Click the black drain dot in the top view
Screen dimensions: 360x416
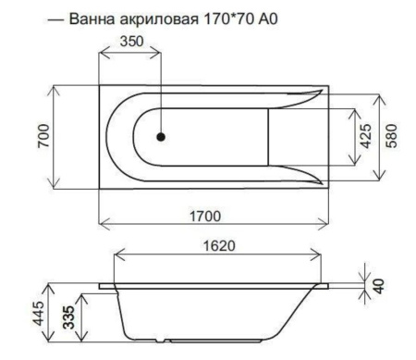pyautogui.click(x=161, y=136)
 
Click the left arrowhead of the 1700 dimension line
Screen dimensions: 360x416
pyautogui.click(x=103, y=226)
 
